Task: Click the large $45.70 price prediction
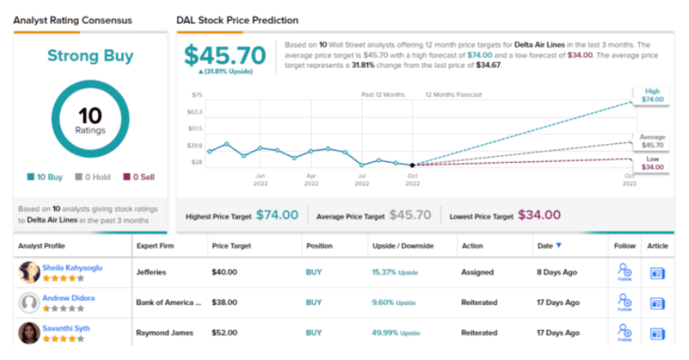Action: [x=225, y=55]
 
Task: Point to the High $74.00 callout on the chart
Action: [x=653, y=94]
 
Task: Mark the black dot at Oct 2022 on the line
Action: [x=412, y=164]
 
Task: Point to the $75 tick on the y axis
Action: [x=197, y=95]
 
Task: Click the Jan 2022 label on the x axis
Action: [x=261, y=179]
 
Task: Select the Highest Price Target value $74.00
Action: [x=277, y=215]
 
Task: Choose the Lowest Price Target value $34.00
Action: [x=540, y=215]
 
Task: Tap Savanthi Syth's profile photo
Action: [x=29, y=332]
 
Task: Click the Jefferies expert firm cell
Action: [x=152, y=272]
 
